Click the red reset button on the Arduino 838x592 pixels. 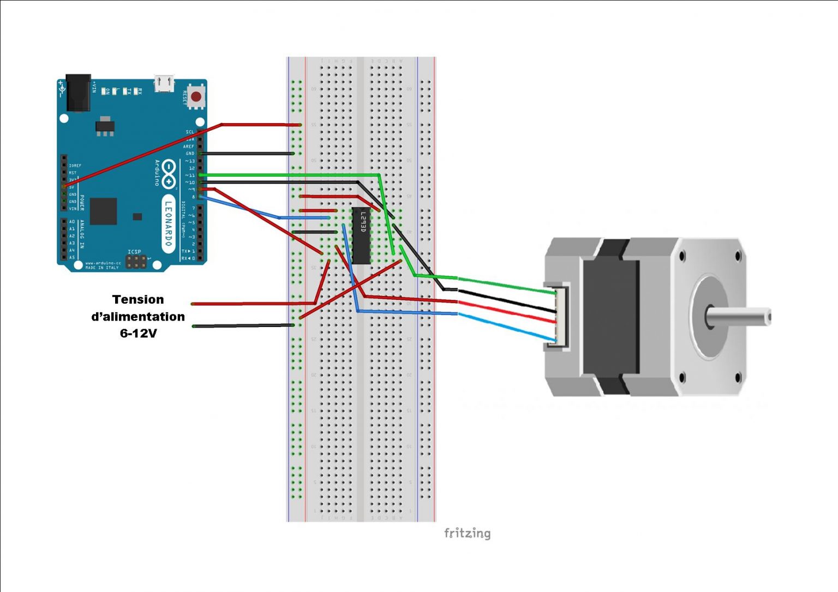pyautogui.click(x=195, y=97)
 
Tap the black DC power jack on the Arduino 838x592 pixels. pyautogui.click(x=78, y=93)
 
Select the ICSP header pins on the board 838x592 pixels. pyautogui.click(x=136, y=262)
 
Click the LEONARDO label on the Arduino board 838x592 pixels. pyautogui.click(x=168, y=223)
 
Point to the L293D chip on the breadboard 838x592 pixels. pyautogui.click(x=361, y=235)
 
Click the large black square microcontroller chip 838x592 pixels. pyautogui.click(x=103, y=211)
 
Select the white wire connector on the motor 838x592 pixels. pyautogui.click(x=562, y=316)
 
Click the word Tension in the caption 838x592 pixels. pyautogui.click(x=138, y=299)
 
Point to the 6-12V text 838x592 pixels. pyautogui.click(x=138, y=333)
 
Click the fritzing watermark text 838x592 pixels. pyautogui.click(x=467, y=533)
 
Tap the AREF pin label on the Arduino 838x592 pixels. pyautogui.click(x=188, y=147)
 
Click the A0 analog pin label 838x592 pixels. pyautogui.click(x=72, y=222)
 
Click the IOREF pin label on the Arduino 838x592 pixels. pyautogui.click(x=75, y=166)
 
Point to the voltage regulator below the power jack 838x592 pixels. pyautogui.click(x=105, y=126)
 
